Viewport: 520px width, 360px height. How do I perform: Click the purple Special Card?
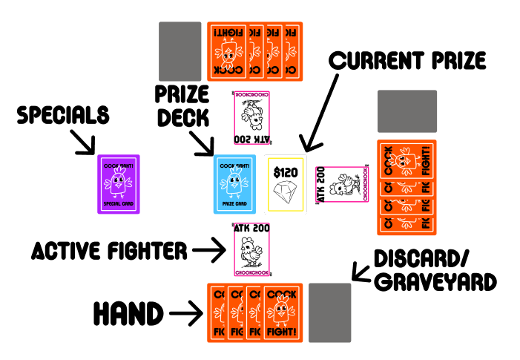119,184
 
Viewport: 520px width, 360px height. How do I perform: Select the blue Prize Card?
234,184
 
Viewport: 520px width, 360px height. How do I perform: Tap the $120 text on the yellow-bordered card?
286,173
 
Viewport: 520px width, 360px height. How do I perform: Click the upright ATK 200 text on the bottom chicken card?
252,229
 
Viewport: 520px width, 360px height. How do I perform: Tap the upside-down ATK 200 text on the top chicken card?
252,139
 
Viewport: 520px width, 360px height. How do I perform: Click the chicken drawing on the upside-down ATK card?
252,114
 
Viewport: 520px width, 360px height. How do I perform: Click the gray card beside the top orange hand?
180,51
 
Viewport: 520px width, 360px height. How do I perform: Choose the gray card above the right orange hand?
407,111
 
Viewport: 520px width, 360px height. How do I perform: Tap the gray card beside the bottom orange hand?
330,312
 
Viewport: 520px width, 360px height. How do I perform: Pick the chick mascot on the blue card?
234,180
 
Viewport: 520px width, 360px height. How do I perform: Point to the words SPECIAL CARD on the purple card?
119,203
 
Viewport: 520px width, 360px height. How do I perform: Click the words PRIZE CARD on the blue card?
234,203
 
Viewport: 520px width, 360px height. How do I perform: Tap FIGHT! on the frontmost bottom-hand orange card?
283,331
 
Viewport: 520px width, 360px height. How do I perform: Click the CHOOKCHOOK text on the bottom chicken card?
252,273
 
